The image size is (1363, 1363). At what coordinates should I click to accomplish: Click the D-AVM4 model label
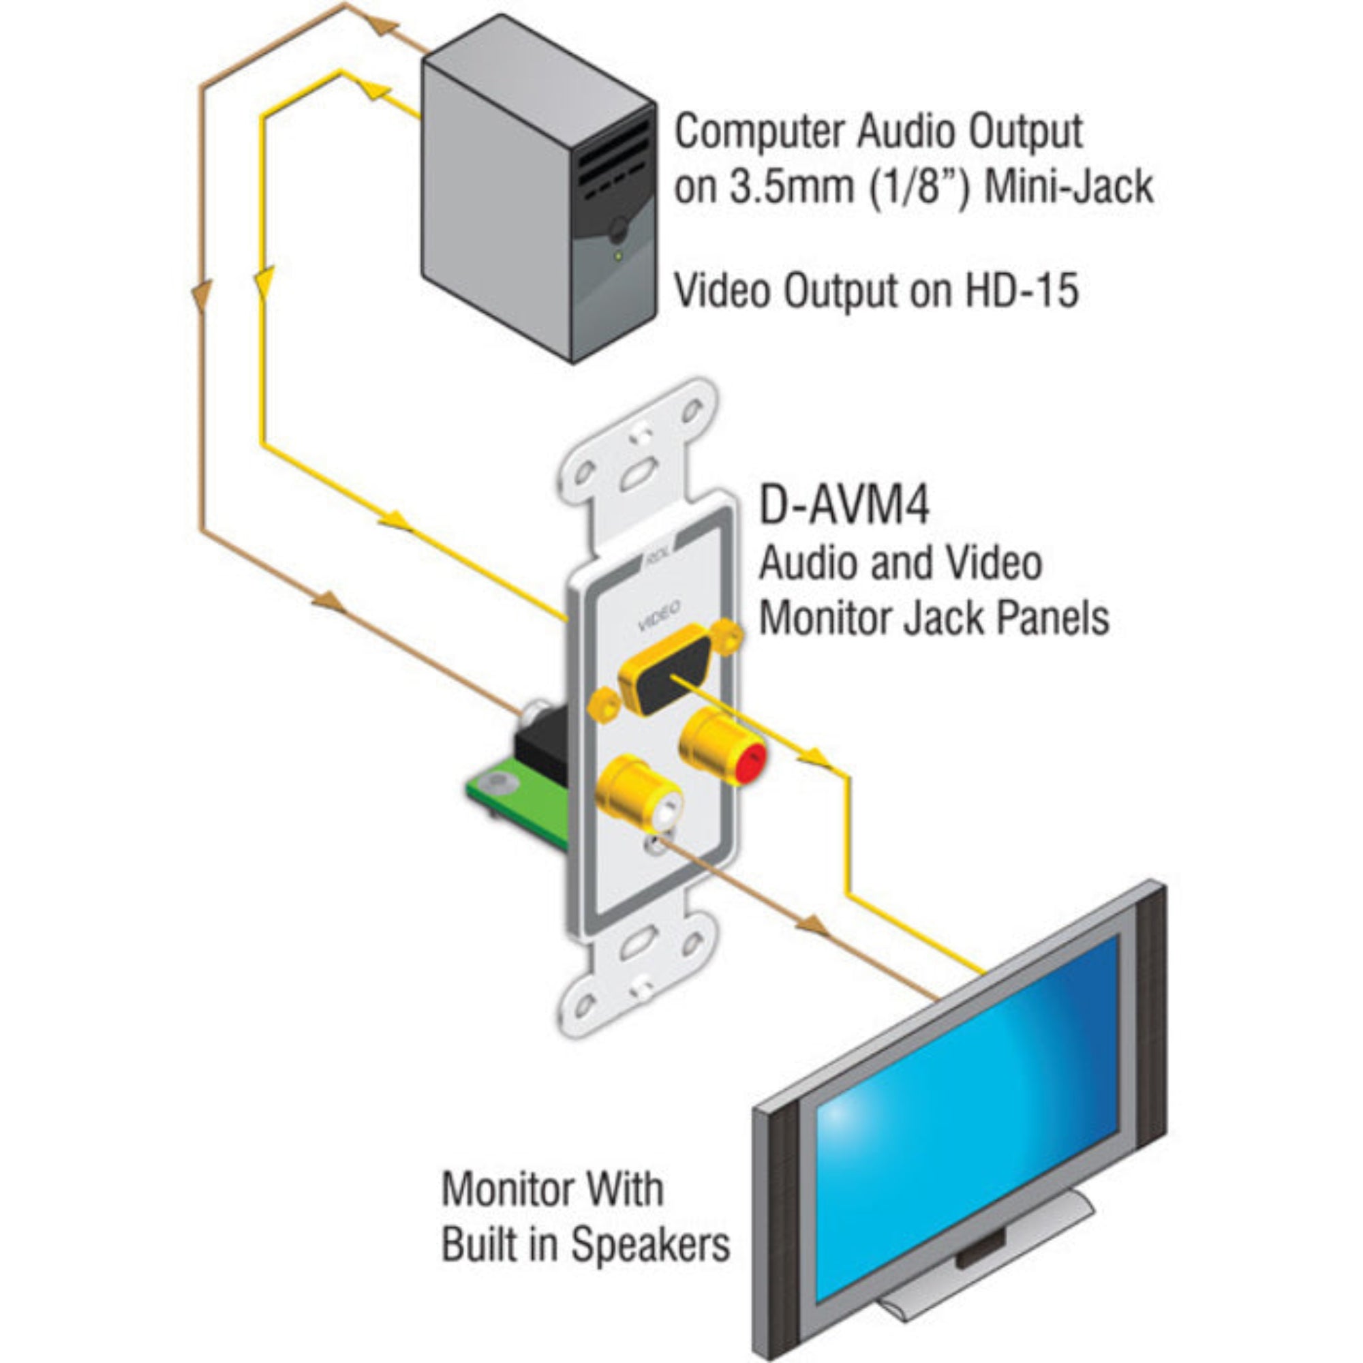coord(844,504)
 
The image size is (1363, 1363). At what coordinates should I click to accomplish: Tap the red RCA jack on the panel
coord(749,761)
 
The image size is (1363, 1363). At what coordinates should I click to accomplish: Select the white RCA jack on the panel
coord(666,810)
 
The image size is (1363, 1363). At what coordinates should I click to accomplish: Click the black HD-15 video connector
coord(667,679)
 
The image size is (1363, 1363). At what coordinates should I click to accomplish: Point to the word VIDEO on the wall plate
coord(659,615)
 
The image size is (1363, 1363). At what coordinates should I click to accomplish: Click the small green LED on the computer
coord(619,256)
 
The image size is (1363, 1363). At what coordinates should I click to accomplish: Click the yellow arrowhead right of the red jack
coord(817,759)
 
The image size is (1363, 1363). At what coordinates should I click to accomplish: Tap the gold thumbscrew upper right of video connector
coord(727,636)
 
